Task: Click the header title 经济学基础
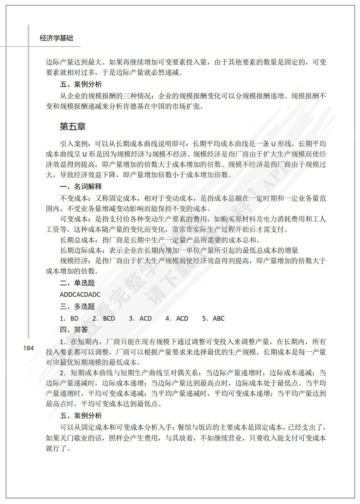click(56, 38)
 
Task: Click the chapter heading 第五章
click(72, 127)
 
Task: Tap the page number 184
click(28, 348)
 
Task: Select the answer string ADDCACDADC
click(80, 295)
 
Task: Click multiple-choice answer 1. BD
click(69, 319)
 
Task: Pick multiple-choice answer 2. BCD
click(104, 319)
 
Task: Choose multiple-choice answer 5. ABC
click(213, 319)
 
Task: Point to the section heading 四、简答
click(74, 330)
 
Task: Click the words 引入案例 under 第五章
click(74, 144)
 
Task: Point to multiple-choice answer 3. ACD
click(140, 319)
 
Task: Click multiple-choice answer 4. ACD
click(177, 319)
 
